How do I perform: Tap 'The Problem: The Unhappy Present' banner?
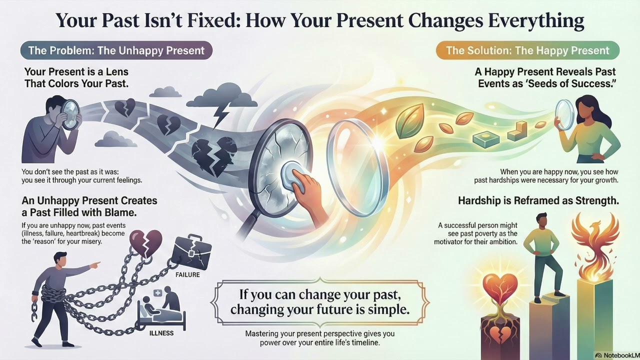[x=116, y=50]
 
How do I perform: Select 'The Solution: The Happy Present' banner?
[x=527, y=50]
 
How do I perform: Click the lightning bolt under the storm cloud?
[x=219, y=114]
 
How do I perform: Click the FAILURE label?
[x=187, y=274]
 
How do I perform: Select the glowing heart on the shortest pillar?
[x=499, y=290]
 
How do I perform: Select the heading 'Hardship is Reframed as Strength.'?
[x=538, y=201]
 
